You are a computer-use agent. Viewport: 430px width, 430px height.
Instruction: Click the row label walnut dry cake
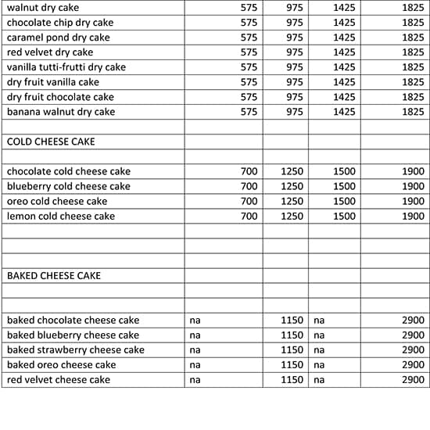(x=43, y=8)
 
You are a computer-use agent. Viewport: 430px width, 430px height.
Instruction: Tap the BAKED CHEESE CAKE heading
(x=54, y=275)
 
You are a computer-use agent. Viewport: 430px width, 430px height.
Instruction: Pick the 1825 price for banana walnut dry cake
(x=413, y=112)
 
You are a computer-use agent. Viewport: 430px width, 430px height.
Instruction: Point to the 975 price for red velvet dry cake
(x=294, y=52)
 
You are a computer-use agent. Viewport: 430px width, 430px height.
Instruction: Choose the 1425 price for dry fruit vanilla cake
(x=344, y=82)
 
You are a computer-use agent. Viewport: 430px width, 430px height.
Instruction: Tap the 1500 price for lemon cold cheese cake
(x=344, y=216)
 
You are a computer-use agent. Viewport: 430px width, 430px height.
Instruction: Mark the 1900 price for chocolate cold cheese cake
(x=413, y=171)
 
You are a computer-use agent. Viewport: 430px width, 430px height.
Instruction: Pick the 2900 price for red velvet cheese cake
(x=413, y=379)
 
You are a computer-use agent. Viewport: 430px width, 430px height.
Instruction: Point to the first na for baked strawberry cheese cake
(x=195, y=349)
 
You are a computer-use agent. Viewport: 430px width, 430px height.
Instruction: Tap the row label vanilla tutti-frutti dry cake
(x=66, y=67)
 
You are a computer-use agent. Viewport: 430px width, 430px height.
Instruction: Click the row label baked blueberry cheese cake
(x=73, y=335)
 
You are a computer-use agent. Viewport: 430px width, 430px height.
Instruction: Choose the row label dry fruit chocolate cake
(x=60, y=97)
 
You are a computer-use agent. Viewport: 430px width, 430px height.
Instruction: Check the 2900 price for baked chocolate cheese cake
(x=413, y=320)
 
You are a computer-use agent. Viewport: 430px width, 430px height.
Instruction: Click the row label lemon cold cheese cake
(x=61, y=216)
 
